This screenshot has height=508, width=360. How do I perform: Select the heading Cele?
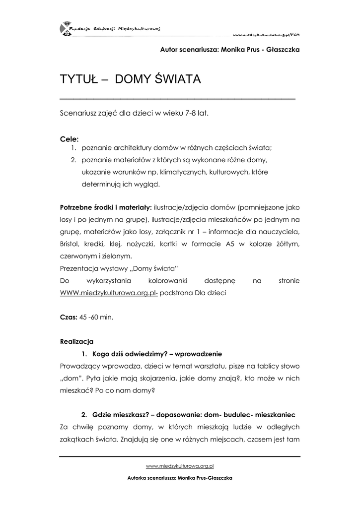click(x=69, y=139)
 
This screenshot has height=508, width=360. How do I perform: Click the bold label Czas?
click(x=68, y=317)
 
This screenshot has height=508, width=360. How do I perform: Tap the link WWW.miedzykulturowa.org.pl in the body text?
click(x=109, y=293)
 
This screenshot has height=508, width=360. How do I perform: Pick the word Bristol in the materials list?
click(x=71, y=244)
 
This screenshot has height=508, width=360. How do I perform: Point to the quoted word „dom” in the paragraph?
click(x=72, y=378)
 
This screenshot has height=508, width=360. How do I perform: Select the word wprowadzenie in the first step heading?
click(x=198, y=354)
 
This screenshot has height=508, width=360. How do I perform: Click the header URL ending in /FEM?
click(x=268, y=35)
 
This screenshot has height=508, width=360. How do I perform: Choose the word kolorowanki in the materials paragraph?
click(x=163, y=281)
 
